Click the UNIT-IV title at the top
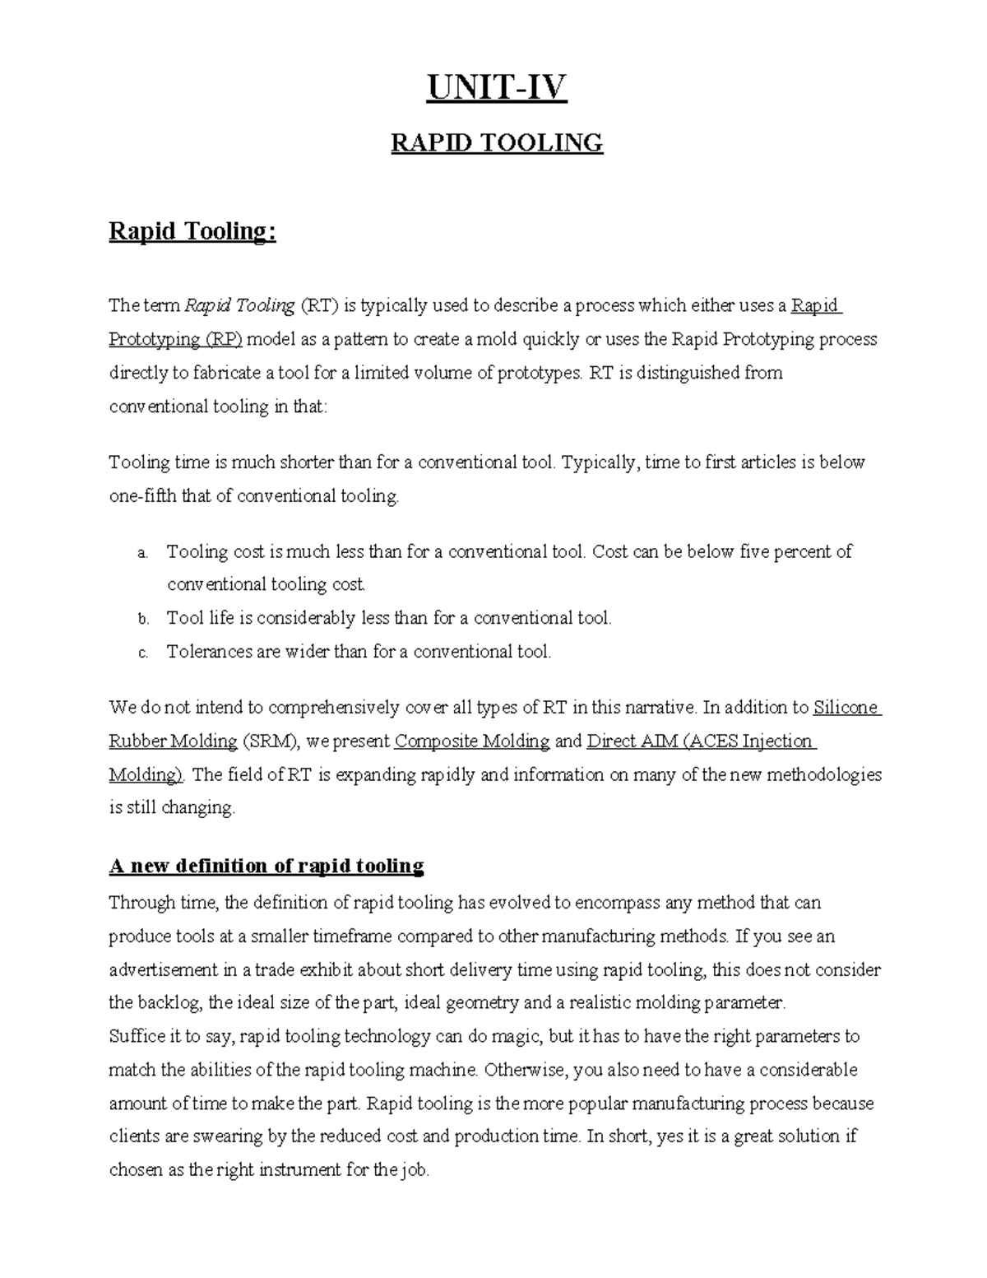click(496, 88)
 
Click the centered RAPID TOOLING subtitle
click(496, 143)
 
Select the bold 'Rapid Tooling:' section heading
click(192, 231)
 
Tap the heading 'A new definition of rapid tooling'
click(266, 866)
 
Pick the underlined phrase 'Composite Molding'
click(472, 741)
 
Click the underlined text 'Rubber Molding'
click(173, 741)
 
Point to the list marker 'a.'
click(142, 553)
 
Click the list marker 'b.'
click(142, 619)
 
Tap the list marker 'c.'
click(142, 653)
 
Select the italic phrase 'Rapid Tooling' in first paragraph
click(239, 306)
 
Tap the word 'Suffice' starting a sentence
click(135, 1036)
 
